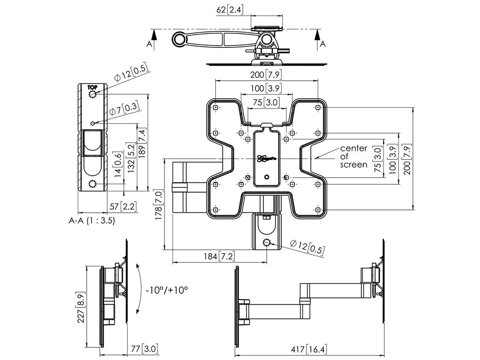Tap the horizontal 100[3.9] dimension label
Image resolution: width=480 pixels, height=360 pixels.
tap(266, 88)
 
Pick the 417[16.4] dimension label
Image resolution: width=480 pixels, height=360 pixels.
tap(309, 349)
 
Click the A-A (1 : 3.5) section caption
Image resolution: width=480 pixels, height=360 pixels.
tap(92, 220)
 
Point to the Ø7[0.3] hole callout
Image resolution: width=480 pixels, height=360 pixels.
tap(124, 111)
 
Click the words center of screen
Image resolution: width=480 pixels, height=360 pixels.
tap(353, 157)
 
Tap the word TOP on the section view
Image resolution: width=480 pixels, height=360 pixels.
tap(92, 87)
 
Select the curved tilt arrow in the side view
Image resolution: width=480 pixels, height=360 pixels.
tap(138, 288)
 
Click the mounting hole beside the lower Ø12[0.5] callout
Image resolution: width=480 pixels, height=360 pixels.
tap(267, 242)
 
